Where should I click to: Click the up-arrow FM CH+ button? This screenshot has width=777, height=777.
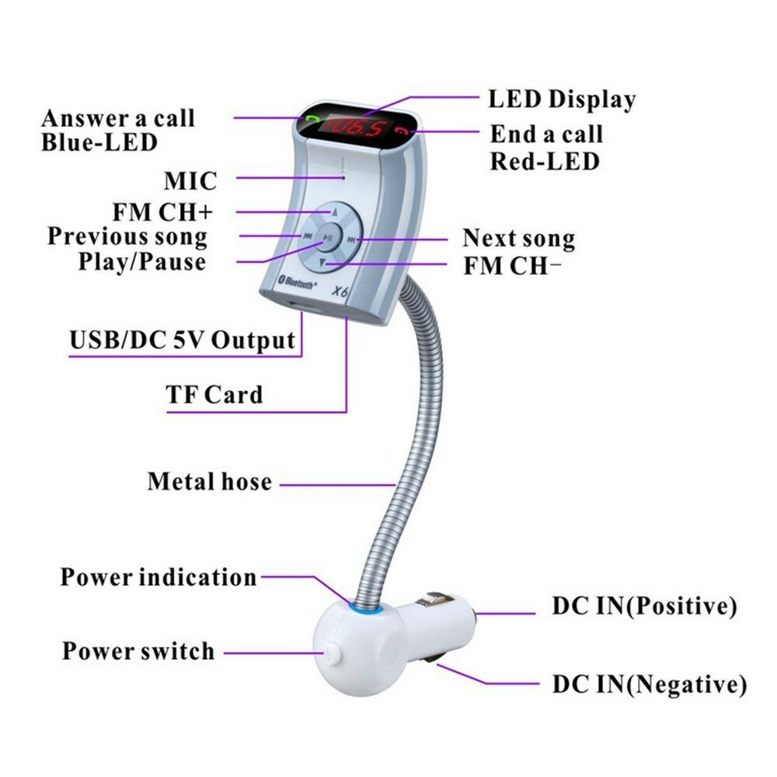(x=333, y=211)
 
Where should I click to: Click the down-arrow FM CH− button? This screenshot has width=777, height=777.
(x=330, y=264)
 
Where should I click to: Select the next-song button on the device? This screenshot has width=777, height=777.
(x=354, y=239)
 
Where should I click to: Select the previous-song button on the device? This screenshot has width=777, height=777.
(x=308, y=237)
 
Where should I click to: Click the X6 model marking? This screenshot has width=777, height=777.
(x=340, y=293)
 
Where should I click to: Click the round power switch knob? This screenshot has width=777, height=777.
(x=333, y=653)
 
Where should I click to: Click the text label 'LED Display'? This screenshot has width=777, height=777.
(x=561, y=99)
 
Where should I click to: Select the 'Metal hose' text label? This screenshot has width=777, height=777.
(x=210, y=482)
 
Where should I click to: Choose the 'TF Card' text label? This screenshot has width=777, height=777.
(x=214, y=395)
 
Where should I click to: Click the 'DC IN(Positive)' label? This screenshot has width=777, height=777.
(x=644, y=606)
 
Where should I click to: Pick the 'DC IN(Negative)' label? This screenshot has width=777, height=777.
(x=649, y=685)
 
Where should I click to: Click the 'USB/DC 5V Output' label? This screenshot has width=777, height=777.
(x=183, y=340)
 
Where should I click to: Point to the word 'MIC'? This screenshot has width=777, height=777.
(x=190, y=181)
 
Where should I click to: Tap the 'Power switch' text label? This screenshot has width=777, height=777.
(x=138, y=651)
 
